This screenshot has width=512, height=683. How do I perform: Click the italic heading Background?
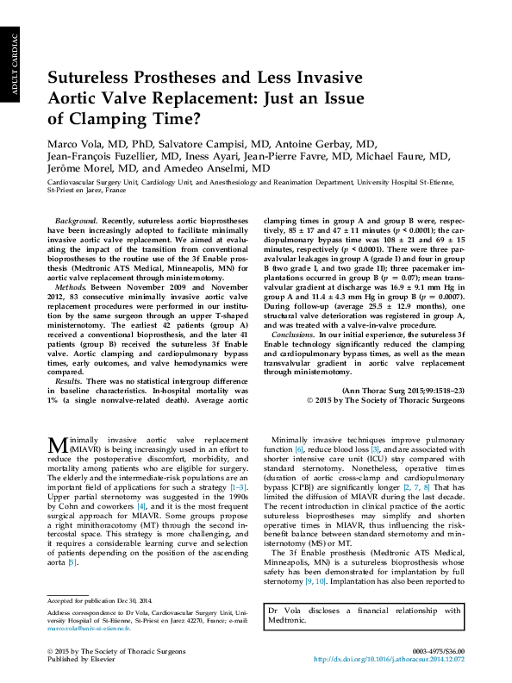(x=73, y=222)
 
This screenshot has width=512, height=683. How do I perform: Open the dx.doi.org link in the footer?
(x=389, y=659)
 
